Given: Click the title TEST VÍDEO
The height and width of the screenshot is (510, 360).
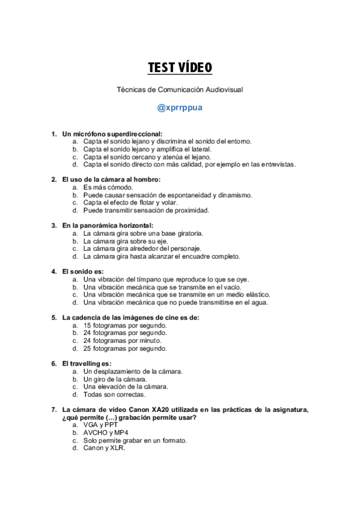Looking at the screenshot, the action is coord(180,67).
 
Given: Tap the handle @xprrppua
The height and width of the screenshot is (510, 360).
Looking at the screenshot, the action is coord(180,108).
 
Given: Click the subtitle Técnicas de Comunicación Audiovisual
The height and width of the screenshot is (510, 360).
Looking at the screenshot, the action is coord(180,90).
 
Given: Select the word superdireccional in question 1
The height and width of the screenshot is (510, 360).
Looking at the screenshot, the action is coord(132,134).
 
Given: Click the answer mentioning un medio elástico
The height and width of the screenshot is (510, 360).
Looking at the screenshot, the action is coord(177,295).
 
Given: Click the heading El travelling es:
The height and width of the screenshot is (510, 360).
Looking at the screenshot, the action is coord(87,363).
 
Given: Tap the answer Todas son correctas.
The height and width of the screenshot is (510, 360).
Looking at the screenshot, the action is coord(114,395).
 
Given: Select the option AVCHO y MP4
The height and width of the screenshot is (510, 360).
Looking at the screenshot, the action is coord(106,432).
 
